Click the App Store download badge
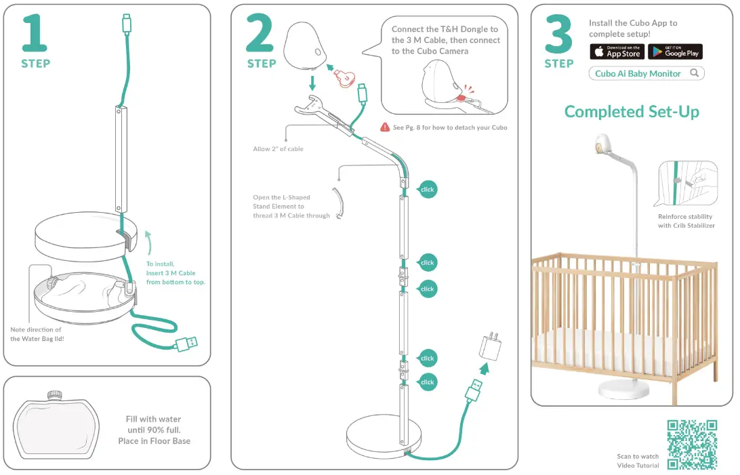click(617, 51)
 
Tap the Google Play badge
click(675, 51)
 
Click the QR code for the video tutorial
click(692, 444)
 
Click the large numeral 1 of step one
click(35, 34)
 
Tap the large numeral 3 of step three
click(558, 34)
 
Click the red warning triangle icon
click(386, 127)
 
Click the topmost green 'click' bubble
click(427, 190)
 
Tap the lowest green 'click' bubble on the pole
click(427, 382)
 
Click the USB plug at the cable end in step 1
click(186, 344)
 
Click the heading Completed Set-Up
click(632, 112)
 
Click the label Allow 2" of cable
click(278, 149)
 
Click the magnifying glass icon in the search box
click(694, 73)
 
